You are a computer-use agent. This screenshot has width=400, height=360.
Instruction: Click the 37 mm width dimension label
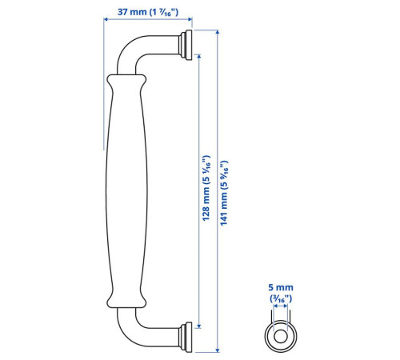(x=148, y=12)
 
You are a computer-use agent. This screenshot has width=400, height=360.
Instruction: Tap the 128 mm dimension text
(x=206, y=188)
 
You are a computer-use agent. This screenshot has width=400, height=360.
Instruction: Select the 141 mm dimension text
(x=224, y=193)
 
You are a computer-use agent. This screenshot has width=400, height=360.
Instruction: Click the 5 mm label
(x=281, y=287)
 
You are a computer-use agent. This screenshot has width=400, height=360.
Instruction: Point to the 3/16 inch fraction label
(x=281, y=298)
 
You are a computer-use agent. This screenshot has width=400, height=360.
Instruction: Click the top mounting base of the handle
(x=186, y=45)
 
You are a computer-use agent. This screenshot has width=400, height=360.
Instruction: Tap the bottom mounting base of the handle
(x=186, y=338)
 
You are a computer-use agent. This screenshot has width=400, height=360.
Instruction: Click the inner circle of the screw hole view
(x=281, y=336)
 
